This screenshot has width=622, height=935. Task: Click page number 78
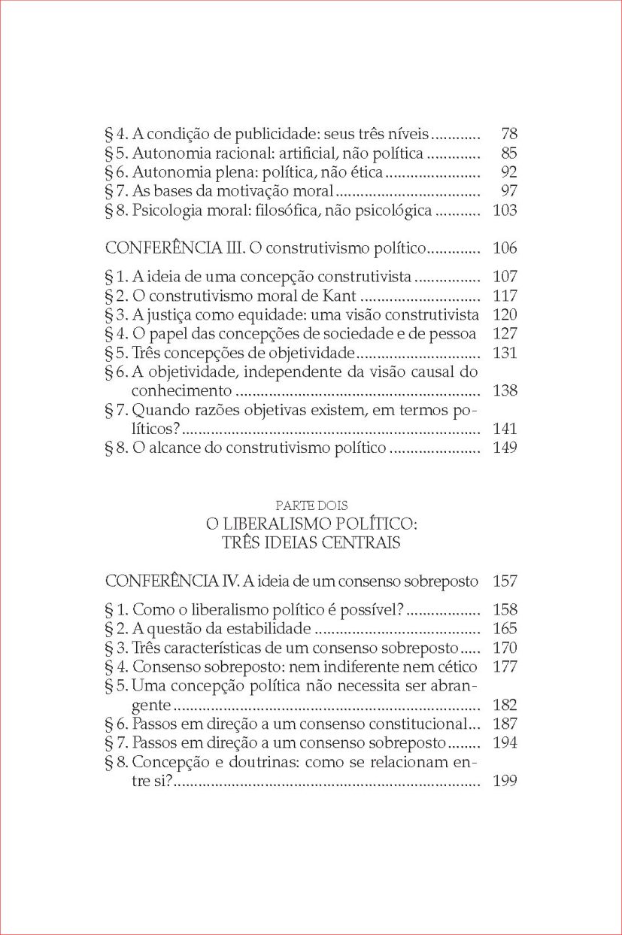point(509,135)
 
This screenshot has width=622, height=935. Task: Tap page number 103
point(505,211)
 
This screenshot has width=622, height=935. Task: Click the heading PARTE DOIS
point(311,505)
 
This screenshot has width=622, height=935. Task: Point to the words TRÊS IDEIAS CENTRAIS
point(311,542)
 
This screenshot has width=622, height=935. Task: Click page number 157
point(505,581)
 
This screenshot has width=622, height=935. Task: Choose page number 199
point(505,782)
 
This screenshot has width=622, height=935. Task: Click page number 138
point(505,391)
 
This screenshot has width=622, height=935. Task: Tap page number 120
point(505,314)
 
